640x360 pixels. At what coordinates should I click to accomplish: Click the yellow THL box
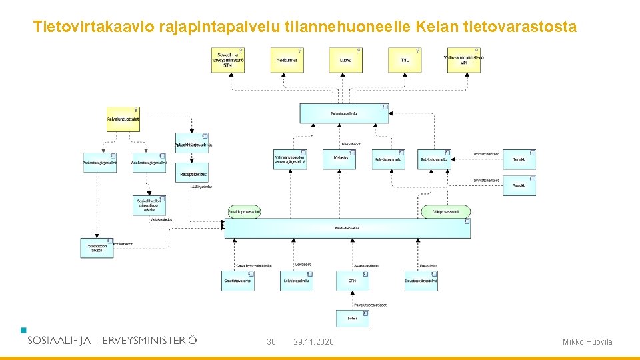[404, 60]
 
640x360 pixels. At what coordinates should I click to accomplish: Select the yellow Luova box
[345, 60]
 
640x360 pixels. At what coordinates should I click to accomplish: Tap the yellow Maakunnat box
[287, 60]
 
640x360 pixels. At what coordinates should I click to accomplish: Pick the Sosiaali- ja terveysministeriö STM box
[228, 60]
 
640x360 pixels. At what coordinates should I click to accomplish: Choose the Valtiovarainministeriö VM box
[465, 60]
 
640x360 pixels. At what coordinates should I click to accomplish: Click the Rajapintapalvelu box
[344, 113]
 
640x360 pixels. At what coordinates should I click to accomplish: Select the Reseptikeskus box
[193, 173]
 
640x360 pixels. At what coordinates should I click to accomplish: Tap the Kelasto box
[340, 159]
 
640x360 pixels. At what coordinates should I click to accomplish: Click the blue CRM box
[353, 281]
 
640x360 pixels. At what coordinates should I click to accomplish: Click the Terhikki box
[519, 159]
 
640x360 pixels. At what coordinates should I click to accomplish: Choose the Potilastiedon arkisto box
[97, 248]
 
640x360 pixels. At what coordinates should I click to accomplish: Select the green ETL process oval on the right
[445, 212]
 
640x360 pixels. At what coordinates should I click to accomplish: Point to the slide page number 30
[271, 342]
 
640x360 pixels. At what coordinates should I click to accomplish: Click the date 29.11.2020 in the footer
[314, 342]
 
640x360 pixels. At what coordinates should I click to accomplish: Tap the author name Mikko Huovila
[587, 342]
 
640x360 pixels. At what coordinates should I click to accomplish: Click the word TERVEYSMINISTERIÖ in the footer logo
[147, 340]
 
